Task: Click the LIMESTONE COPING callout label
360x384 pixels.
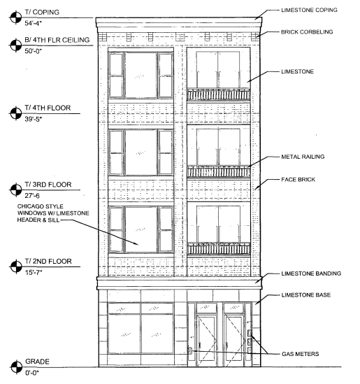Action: [309, 10]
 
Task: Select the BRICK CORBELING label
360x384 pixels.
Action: [307, 32]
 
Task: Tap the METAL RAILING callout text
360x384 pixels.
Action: [303, 157]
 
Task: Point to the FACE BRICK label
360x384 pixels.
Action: [298, 180]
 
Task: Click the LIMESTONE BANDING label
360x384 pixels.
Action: [311, 273]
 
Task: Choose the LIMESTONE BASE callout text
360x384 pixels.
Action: [306, 295]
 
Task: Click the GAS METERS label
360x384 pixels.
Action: [301, 354]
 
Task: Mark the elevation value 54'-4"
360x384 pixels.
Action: [34, 24]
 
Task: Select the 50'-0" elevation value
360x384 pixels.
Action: [34, 51]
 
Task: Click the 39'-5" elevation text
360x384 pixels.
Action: [34, 120]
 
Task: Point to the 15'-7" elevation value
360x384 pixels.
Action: [34, 272]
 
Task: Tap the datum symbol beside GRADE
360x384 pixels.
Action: [16, 367]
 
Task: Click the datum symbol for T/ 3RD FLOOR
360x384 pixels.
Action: [16, 190]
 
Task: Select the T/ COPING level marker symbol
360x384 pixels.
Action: [16, 17]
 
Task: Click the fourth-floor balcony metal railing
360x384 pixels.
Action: [219, 94]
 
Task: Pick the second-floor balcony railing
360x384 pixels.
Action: [219, 249]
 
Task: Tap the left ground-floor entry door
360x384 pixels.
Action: [207, 340]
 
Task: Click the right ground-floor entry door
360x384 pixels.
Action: [233, 340]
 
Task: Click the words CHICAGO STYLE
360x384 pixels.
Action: [40, 206]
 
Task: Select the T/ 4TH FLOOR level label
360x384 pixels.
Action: [48, 108]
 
